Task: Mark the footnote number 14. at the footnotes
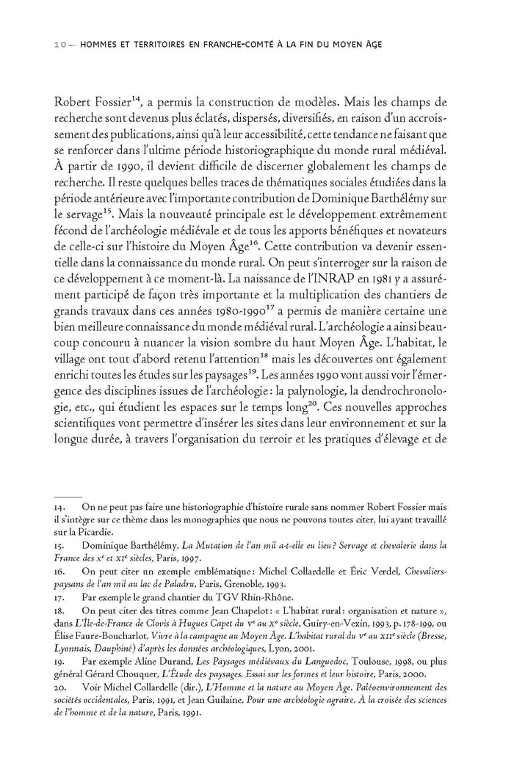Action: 61,506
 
